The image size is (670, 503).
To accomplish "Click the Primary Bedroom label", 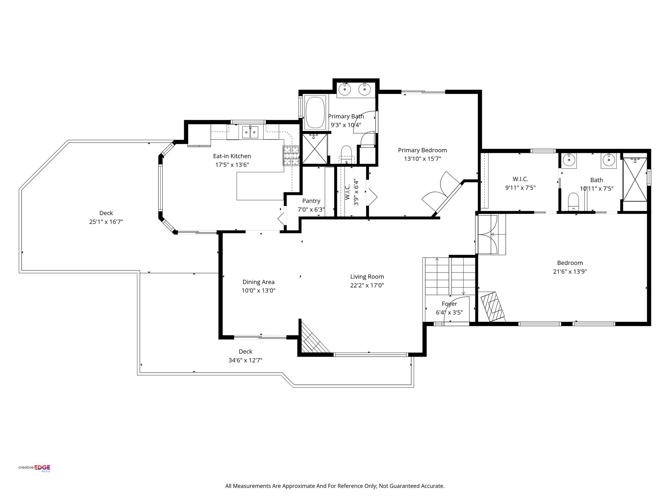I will pos(422,150).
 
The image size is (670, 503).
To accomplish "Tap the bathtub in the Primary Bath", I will pos(315,113).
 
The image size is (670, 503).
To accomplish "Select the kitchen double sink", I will pos(250,132).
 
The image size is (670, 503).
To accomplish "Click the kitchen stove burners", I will pos(291,155).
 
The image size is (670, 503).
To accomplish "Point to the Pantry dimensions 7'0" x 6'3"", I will pos(311,210).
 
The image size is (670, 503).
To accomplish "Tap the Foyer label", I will pos(449,304).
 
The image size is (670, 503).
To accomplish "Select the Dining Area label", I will pos(258,282).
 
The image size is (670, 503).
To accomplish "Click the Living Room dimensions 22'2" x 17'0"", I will pos(367,286).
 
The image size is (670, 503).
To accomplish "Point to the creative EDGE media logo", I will pos(34,468).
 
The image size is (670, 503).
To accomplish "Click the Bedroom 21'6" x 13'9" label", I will pos(570,263).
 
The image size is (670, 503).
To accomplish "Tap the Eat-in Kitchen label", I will pos(232,156).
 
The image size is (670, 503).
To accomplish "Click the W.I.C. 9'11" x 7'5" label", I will pos(520,179).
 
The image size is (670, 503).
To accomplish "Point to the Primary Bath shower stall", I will pos(314,149).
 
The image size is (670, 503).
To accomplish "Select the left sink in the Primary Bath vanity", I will pos(345,89).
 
